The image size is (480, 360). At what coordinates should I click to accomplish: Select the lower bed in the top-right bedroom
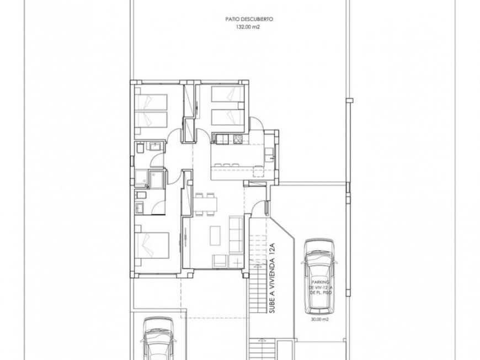coord(228,117)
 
